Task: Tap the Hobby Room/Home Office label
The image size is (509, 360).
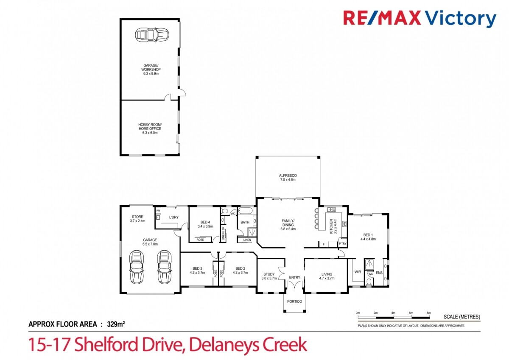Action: [150, 128]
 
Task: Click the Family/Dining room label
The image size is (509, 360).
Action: [288, 224]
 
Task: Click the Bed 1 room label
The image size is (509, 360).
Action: [368, 237]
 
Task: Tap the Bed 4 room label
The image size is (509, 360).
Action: [205, 224]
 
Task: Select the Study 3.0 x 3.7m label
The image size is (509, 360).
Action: [269, 276]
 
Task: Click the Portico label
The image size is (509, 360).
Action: [294, 301]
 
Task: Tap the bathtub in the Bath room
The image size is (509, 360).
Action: [246, 211]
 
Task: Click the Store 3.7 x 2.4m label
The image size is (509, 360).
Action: [137, 219]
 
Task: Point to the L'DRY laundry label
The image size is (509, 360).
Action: [173, 218]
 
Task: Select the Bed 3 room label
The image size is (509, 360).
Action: [197, 270]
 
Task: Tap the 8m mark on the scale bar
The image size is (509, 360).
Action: [429, 313]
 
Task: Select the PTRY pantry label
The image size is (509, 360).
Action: [342, 244]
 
